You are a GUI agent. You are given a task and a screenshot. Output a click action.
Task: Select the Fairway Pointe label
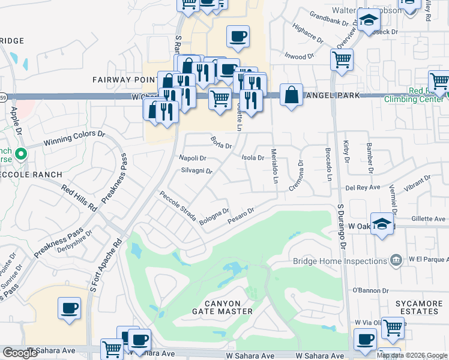pos(124,79)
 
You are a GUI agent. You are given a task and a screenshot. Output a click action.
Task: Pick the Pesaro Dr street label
pos(242,217)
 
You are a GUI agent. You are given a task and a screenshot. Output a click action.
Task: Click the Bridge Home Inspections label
pos(339,261)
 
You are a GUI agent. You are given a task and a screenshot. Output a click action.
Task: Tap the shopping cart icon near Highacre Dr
pos(342,59)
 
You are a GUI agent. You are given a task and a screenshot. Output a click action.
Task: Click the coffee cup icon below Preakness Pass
pos(69,308)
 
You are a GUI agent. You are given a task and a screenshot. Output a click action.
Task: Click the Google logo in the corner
pos(20,353)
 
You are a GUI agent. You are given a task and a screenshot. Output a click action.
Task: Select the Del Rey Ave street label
pos(363,187)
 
